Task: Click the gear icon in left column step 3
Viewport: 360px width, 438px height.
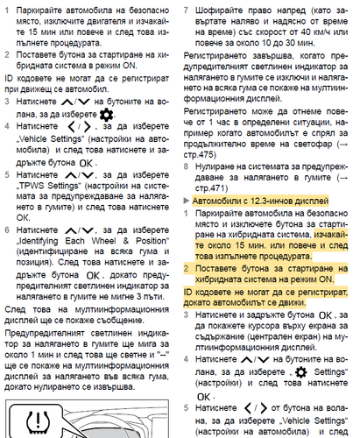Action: [107, 116]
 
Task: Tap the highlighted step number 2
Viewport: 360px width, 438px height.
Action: [189, 266]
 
